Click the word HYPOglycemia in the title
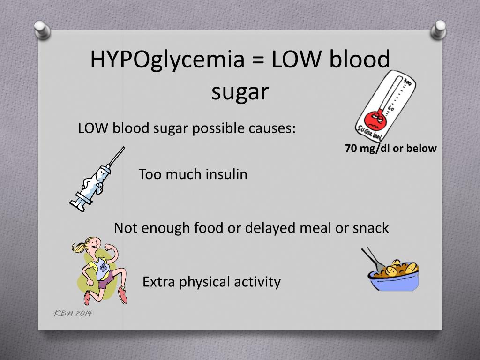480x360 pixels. (167, 60)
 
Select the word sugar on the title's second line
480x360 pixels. (240, 92)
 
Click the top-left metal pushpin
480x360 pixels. (42, 30)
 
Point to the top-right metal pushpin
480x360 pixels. (438, 30)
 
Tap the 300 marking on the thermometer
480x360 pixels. (409, 82)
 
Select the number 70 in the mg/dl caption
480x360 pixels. (351, 149)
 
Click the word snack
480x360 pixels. (371, 228)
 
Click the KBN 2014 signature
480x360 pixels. (73, 313)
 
